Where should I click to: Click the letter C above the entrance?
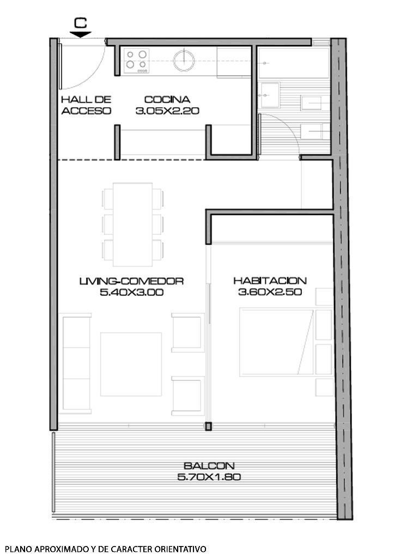[81, 22]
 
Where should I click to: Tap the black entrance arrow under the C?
[81, 34]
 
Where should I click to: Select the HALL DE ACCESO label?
[86, 105]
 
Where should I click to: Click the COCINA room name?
[167, 100]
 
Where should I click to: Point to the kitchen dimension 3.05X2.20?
[167, 111]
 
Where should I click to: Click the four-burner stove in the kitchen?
[136, 60]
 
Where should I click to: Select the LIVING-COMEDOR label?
[131, 281]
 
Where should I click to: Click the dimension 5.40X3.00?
[131, 293]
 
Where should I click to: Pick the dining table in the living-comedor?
[132, 223]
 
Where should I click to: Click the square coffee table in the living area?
[131, 363]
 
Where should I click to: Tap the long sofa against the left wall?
[76, 362]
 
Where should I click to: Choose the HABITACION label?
[270, 281]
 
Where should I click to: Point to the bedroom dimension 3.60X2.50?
[270, 293]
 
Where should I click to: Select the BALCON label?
[209, 466]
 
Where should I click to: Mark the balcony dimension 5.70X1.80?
[209, 477]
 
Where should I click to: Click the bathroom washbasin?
[269, 95]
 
